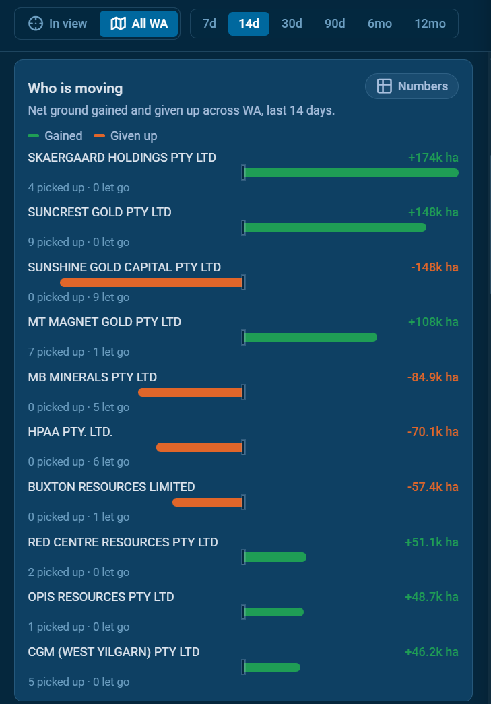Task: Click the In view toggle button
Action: (57, 24)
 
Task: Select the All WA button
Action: (139, 24)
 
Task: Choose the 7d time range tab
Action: (209, 24)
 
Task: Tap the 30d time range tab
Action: (292, 24)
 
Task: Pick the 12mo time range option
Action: (430, 24)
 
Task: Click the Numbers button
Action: (412, 86)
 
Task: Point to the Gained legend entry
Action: (55, 135)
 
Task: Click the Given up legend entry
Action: (126, 135)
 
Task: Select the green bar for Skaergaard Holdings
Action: (352, 173)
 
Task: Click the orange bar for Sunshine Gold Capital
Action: (152, 282)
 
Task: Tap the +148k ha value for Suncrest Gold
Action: (433, 212)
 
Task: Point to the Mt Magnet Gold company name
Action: (104, 322)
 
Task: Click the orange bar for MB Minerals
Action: (191, 392)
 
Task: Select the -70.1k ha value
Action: (432, 432)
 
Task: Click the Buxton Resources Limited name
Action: (111, 486)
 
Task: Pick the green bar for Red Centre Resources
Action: (275, 557)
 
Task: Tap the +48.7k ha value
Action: (431, 597)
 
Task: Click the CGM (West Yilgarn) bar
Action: (272, 667)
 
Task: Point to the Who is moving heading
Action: (75, 88)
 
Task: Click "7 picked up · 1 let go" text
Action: (79, 352)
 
